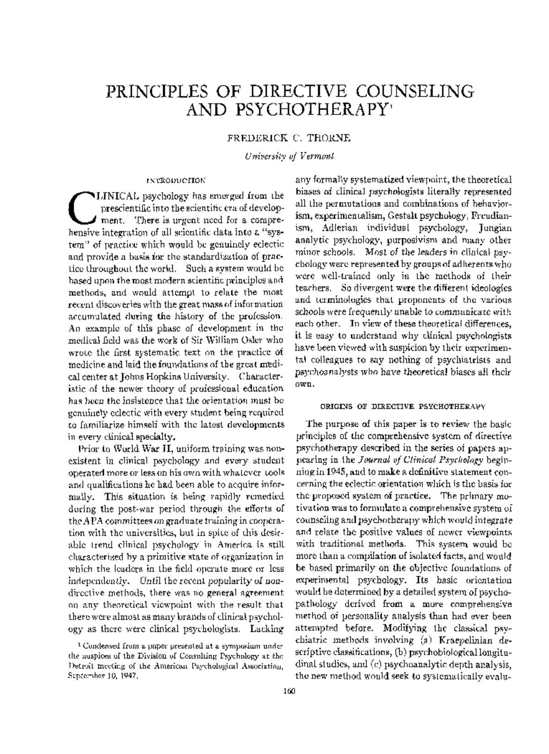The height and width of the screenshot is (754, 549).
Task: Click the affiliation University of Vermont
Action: coord(289,156)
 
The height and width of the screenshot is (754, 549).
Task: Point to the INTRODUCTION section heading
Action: coord(176,180)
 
